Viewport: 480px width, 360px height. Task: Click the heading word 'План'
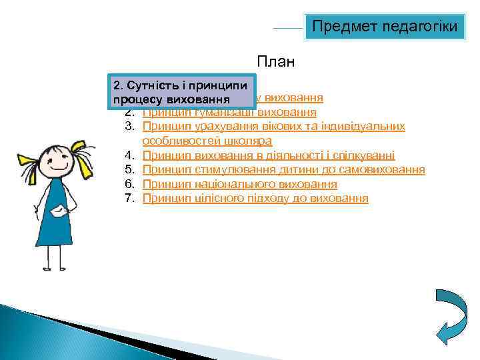click(x=275, y=63)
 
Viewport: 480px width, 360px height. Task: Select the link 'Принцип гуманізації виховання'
click(x=230, y=112)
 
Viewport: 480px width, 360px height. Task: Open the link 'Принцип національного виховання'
click(x=239, y=184)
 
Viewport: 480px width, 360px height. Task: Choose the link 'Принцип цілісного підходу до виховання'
click(x=255, y=199)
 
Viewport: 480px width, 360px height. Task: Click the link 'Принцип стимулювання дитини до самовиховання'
click(x=283, y=170)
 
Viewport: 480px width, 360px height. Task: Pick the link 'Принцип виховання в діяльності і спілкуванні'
click(x=268, y=155)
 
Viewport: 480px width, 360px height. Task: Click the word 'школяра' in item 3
click(x=251, y=141)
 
